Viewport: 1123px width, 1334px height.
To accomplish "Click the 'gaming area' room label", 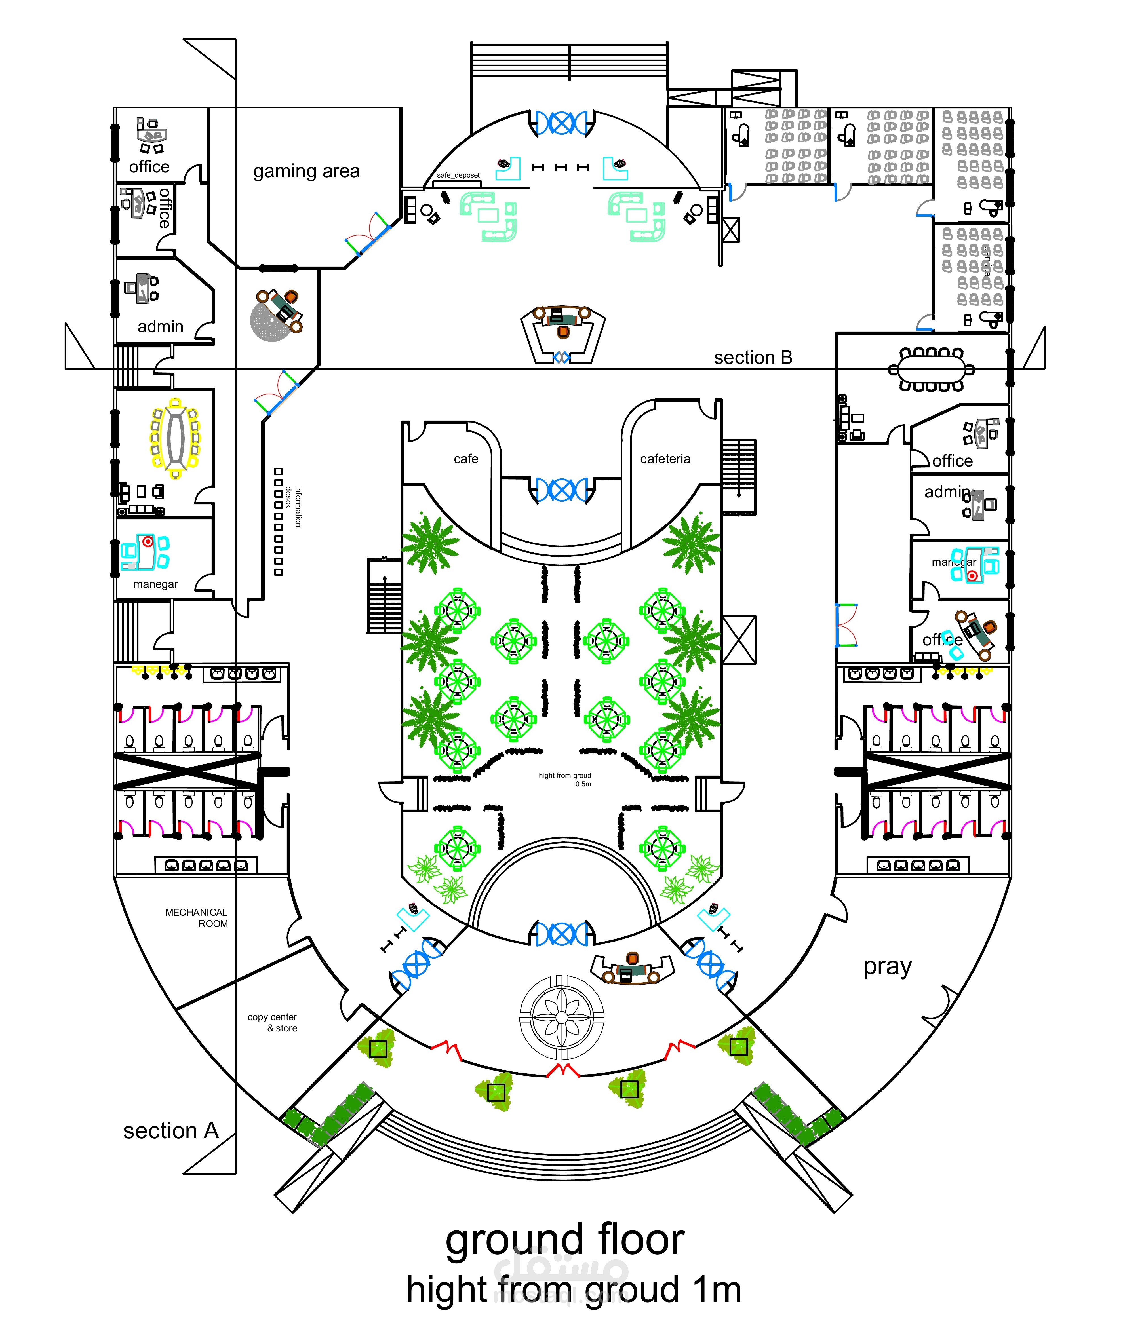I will tap(306, 171).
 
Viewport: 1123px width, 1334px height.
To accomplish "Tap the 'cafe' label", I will tap(466, 459).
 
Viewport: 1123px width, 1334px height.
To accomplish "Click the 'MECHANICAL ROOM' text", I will tap(197, 918).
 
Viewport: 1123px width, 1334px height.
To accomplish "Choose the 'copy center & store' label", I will tap(273, 1022).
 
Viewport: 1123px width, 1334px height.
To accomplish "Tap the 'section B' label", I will tap(753, 358).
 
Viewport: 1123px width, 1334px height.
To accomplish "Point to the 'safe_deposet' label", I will tap(458, 175).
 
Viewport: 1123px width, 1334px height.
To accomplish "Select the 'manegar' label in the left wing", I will tap(155, 584).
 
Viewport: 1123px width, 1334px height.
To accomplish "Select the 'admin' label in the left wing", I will tap(161, 326).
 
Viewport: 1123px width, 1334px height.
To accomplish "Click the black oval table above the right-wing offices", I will tap(931, 369).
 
